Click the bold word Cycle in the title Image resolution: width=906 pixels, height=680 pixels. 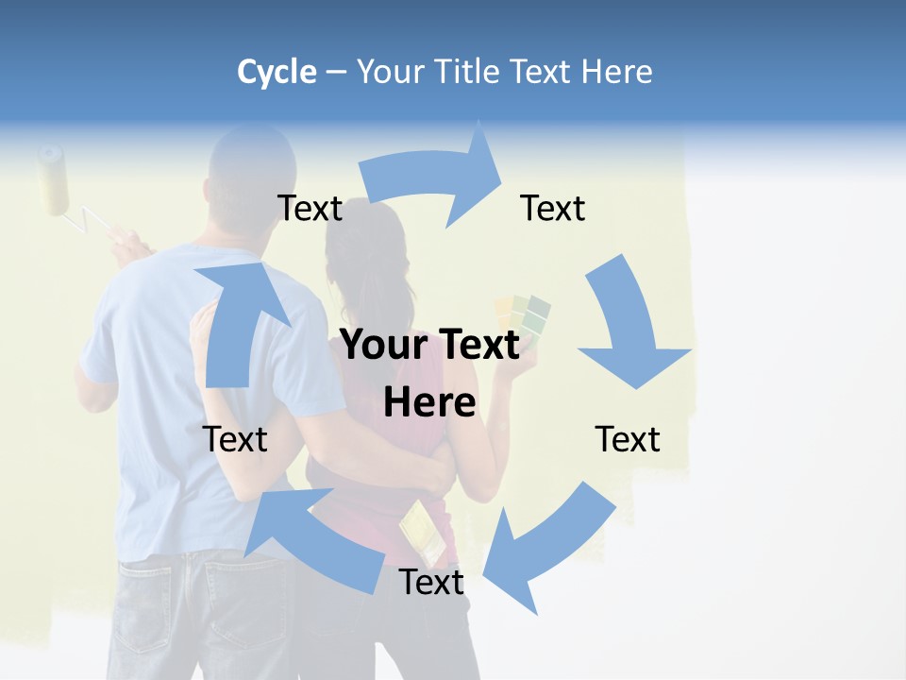pos(277,72)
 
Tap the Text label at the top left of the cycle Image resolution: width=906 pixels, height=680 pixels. pos(310,209)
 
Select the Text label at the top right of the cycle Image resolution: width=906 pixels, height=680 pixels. pos(553,209)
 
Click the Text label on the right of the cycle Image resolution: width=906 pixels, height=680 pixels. pos(628,439)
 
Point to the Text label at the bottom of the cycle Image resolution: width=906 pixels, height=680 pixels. pos(431,583)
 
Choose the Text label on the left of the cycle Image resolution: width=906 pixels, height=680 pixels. pos(235,439)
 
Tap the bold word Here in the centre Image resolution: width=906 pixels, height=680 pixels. pos(429,403)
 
